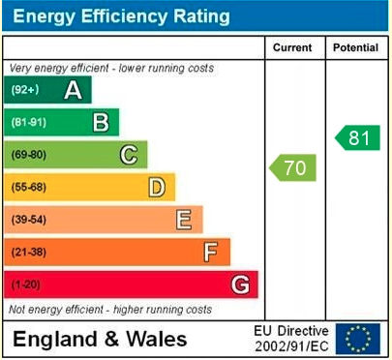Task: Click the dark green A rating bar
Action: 48,90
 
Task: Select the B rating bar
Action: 63,122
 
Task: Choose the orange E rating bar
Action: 105,220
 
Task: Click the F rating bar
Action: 118,252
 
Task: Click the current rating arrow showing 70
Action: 293,168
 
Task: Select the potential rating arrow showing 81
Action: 357,137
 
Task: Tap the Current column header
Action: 292,47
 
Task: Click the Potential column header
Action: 356,47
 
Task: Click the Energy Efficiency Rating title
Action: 121,16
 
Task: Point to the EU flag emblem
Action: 358,338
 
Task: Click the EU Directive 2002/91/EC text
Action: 290,338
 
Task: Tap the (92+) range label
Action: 24,90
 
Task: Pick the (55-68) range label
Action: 30,187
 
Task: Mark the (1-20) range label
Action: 27,285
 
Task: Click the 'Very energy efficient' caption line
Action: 111,69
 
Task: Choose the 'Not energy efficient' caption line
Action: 110,310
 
